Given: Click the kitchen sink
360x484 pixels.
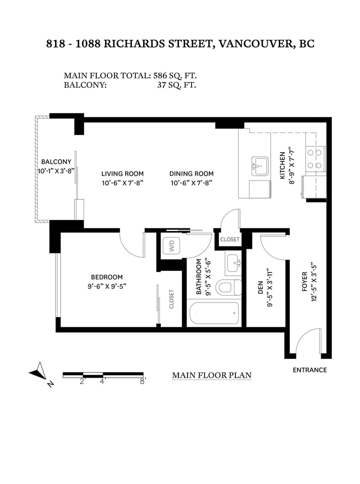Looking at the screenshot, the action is pyautogui.click(x=260, y=166).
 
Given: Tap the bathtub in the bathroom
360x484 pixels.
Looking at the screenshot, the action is pyautogui.click(x=214, y=313).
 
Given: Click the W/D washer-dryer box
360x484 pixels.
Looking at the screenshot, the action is pyautogui.click(x=171, y=246).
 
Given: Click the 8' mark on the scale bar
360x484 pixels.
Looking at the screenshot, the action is pyautogui.click(x=142, y=381).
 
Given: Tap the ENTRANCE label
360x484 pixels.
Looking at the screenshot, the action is pyautogui.click(x=310, y=370).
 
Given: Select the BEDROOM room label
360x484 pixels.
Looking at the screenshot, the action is pyautogui.click(x=107, y=277).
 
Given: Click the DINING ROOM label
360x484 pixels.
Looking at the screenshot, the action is pyautogui.click(x=192, y=174).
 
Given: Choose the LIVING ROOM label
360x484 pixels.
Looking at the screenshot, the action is pyautogui.click(x=123, y=174).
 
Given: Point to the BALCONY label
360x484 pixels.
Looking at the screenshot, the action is pyautogui.click(x=56, y=162).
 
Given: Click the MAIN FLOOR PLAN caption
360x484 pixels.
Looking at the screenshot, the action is pyautogui.click(x=212, y=375).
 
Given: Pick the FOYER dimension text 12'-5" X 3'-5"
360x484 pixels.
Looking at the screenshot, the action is pyautogui.click(x=314, y=283).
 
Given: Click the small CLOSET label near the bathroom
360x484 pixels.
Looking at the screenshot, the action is pyautogui.click(x=230, y=239).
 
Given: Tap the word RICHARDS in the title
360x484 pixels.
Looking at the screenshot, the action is pyautogui.click(x=135, y=43).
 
